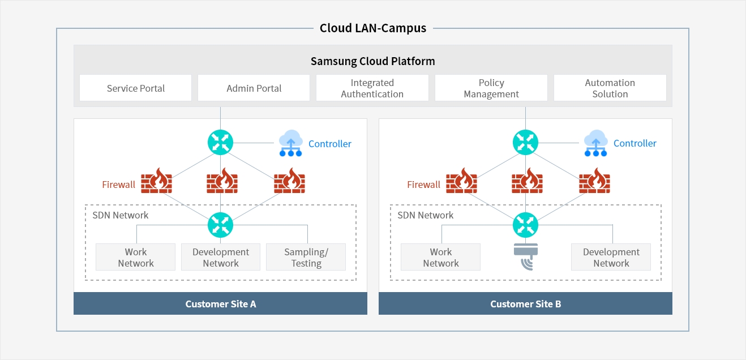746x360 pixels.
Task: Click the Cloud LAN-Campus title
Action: point(372,28)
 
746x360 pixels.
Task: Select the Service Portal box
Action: point(136,88)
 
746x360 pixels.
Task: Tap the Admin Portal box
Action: point(254,88)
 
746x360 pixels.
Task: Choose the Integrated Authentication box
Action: point(372,88)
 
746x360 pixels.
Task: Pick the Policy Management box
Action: point(491,88)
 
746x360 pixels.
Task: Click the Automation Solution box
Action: point(610,88)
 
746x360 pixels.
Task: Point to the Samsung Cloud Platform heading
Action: point(372,61)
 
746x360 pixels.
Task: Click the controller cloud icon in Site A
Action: point(291,143)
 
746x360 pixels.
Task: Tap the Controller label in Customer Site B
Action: point(634,143)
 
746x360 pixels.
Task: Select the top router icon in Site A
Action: point(220,142)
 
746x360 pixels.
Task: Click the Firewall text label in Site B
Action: point(423,185)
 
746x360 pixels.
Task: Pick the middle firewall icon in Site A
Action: point(221,181)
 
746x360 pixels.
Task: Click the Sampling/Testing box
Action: point(306,258)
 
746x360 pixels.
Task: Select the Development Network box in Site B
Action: point(611,258)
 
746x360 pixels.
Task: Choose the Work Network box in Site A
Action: point(136,258)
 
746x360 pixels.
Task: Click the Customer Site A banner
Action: point(220,304)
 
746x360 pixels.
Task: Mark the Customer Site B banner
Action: point(525,304)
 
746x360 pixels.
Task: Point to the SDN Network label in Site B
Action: point(425,215)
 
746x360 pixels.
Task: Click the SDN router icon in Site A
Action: point(220,225)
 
